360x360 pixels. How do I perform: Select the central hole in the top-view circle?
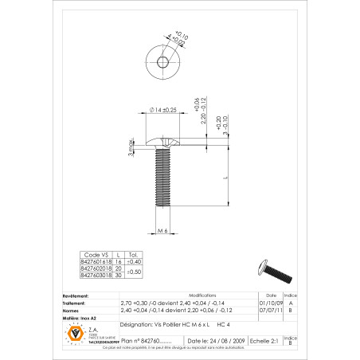(163, 62)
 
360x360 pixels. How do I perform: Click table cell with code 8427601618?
(96, 260)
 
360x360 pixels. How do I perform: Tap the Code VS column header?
(96, 254)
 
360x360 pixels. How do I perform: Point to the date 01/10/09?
(270, 303)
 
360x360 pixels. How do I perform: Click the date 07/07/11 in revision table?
(270, 310)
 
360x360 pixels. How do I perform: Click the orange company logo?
(77, 333)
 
